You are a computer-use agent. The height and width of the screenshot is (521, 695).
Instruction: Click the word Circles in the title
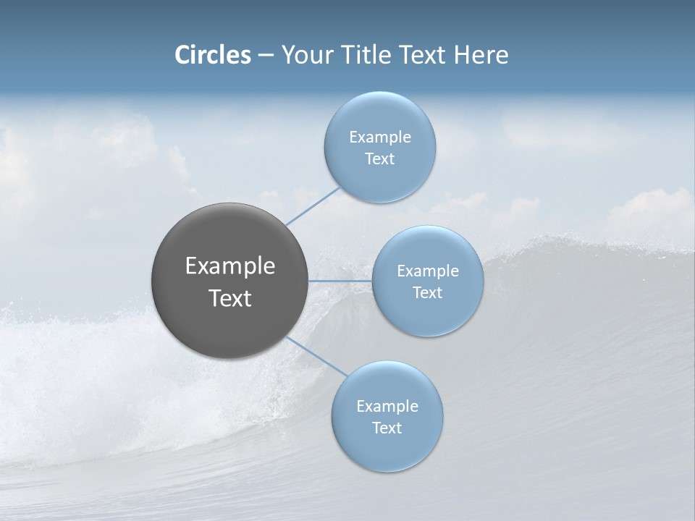(x=213, y=55)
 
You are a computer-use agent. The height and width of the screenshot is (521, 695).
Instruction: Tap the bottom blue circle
(x=387, y=449)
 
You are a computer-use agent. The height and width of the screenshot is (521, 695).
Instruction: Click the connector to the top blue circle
(x=313, y=206)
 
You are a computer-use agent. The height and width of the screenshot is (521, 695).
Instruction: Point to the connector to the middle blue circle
(x=340, y=281)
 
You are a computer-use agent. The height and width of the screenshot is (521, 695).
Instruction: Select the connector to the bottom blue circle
(x=316, y=356)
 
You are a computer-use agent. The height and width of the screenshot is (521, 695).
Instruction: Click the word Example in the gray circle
(x=230, y=266)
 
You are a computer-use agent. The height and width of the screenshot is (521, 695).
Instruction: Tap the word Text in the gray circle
(x=230, y=298)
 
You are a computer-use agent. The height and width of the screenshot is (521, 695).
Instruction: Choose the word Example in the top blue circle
(x=380, y=137)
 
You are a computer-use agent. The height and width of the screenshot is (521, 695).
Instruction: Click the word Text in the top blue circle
(x=379, y=159)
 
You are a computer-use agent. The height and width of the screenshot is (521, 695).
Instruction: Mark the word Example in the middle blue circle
(x=428, y=271)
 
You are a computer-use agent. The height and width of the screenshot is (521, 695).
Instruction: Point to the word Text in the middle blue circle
(x=427, y=293)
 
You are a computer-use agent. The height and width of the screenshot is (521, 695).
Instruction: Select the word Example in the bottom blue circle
(x=387, y=407)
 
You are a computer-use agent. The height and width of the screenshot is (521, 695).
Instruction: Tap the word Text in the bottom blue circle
(x=387, y=428)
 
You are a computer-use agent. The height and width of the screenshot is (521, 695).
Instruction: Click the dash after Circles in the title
(x=265, y=56)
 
